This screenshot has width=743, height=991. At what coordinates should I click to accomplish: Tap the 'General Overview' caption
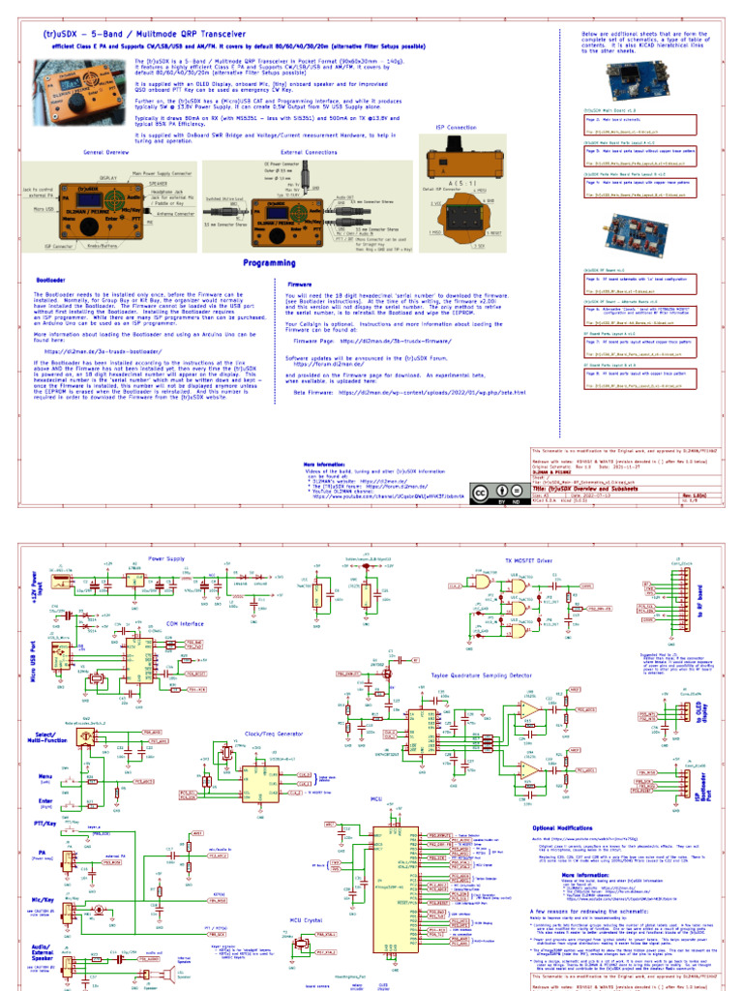105,152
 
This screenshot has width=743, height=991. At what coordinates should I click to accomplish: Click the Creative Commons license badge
491,495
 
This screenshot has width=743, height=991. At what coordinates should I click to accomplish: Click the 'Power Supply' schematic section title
167,558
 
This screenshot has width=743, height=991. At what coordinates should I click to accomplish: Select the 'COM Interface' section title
186,623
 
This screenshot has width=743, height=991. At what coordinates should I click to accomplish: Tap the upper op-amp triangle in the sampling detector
529,709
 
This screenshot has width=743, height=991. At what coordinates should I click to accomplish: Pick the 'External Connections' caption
309,152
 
